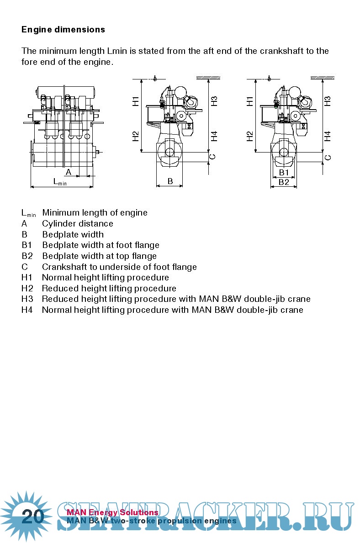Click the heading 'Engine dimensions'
(x=63, y=30)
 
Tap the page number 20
(x=33, y=517)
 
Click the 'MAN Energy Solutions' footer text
(x=112, y=512)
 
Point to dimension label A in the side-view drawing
(x=69, y=172)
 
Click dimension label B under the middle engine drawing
(x=170, y=181)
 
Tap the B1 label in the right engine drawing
(x=284, y=173)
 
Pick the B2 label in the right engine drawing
(x=284, y=182)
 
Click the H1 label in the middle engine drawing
(x=136, y=101)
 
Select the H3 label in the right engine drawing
(x=328, y=101)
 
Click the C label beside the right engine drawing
(x=328, y=158)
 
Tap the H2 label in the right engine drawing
(x=250, y=136)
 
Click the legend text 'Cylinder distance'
(x=78, y=224)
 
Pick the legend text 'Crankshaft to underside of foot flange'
(x=119, y=267)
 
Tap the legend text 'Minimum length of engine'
(x=95, y=213)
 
